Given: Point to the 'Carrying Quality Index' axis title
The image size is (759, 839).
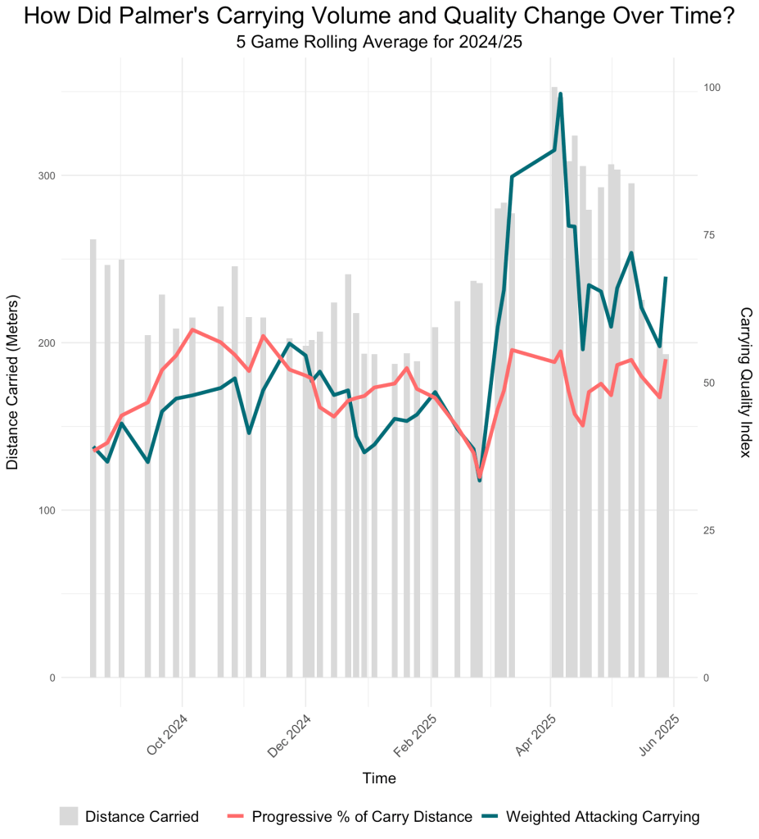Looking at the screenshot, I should [x=746, y=383].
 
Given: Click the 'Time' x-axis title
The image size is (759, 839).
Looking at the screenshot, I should [x=379, y=778].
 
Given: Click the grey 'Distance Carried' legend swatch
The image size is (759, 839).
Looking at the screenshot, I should [x=69, y=816].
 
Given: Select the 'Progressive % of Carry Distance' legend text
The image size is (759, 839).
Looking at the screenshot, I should [x=362, y=817].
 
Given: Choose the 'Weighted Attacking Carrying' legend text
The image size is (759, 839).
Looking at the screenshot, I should [x=603, y=817].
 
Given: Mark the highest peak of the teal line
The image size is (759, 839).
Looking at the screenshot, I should [x=561, y=93].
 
